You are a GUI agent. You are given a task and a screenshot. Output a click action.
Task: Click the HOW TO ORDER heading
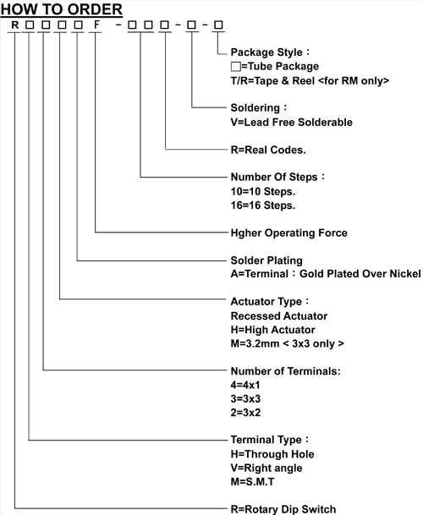tap(62, 9)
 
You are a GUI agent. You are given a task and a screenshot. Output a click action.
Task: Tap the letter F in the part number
tap(96, 25)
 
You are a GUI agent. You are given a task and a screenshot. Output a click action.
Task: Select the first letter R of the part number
tap(14, 25)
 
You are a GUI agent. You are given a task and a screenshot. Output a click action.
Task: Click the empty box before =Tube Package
tap(236, 67)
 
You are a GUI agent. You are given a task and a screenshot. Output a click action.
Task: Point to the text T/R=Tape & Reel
tap(272, 81)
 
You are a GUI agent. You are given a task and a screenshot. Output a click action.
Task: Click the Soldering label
tap(255, 107)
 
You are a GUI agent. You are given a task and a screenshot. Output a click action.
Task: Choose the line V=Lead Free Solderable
tap(292, 122)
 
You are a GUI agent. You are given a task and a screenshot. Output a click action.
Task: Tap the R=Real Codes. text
tap(268, 150)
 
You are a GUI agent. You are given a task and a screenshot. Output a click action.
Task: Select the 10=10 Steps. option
tap(263, 191)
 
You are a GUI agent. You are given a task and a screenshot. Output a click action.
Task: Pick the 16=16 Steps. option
tap(263, 205)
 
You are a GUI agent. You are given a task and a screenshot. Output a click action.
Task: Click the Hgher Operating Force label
tap(288, 233)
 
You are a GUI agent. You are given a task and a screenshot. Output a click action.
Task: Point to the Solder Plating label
tap(266, 260)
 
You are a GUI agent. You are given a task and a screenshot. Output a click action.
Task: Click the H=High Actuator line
tap(272, 330)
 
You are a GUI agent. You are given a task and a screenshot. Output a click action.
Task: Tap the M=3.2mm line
tap(288, 343)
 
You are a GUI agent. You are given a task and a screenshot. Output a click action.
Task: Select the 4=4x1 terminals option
tap(245, 385)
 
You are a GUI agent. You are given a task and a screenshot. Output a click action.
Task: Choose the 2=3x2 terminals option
tap(245, 412)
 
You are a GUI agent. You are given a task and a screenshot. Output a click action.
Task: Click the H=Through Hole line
tap(272, 454)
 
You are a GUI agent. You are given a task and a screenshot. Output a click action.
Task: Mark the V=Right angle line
tap(266, 468)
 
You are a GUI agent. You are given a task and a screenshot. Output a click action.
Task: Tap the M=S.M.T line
tap(252, 482)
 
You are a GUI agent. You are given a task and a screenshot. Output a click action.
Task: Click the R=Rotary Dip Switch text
tap(283, 509)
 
